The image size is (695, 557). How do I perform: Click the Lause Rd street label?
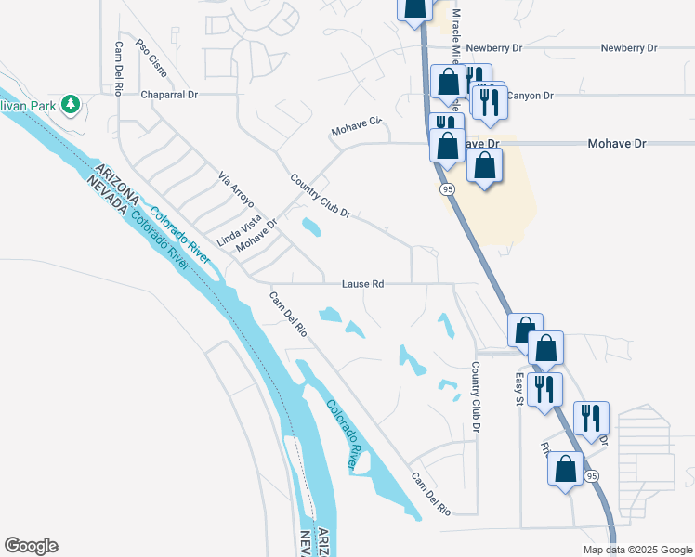(x=363, y=284)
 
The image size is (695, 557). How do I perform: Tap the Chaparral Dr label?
(x=170, y=95)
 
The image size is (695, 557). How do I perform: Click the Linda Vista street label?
(x=240, y=229)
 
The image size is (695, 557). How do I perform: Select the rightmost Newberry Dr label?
(x=628, y=47)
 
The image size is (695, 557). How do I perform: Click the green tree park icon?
(x=71, y=104)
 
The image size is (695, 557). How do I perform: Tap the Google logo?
(x=31, y=546)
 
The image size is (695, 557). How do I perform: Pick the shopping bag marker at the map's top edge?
(x=415, y=7)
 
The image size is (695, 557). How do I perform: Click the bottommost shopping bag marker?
(x=566, y=471)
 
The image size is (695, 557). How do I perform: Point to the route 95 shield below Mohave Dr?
(x=447, y=189)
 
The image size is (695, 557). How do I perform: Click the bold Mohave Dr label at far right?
(x=616, y=144)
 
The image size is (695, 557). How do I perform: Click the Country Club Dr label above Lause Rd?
(x=320, y=196)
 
